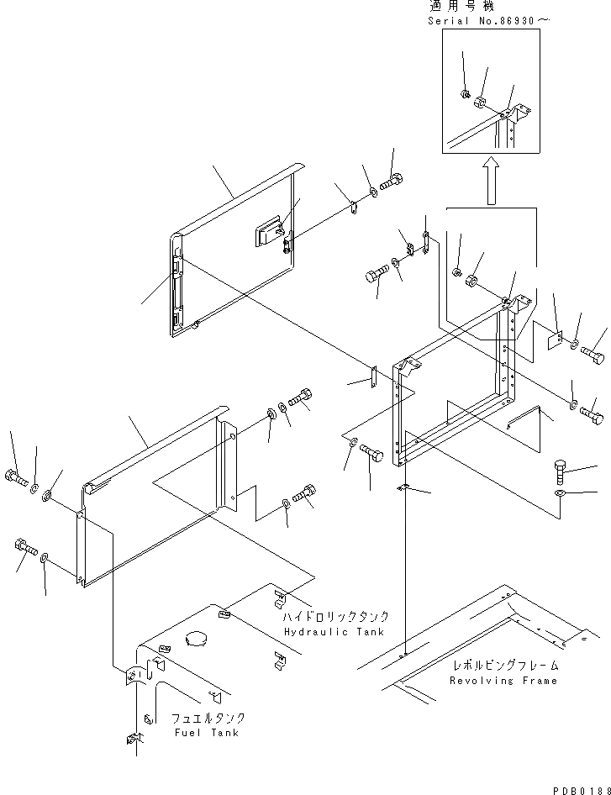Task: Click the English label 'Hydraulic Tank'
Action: (334, 631)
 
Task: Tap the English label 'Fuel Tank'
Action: (207, 732)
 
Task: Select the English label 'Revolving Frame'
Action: (503, 680)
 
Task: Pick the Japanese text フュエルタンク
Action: (208, 719)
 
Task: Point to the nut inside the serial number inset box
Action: (465, 95)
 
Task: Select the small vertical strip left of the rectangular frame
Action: (372, 377)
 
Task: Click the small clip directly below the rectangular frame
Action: (403, 489)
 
